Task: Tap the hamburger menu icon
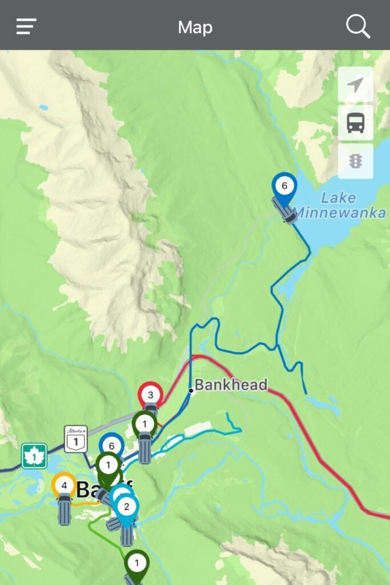click(26, 26)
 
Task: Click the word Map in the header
click(195, 27)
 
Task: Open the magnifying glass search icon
click(358, 26)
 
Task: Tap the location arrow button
click(355, 85)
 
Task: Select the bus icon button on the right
click(355, 122)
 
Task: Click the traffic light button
click(355, 161)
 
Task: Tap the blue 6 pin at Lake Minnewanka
click(284, 186)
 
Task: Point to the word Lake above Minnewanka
click(338, 198)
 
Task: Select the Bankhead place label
click(231, 384)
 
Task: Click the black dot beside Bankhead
click(191, 391)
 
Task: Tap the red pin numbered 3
click(151, 395)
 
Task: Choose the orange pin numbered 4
click(64, 486)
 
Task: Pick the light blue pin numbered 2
click(126, 506)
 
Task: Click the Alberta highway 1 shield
click(75, 439)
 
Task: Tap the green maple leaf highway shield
click(34, 456)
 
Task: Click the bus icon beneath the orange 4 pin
click(64, 510)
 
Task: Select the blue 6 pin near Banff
click(111, 446)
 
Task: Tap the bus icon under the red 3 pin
click(151, 410)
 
